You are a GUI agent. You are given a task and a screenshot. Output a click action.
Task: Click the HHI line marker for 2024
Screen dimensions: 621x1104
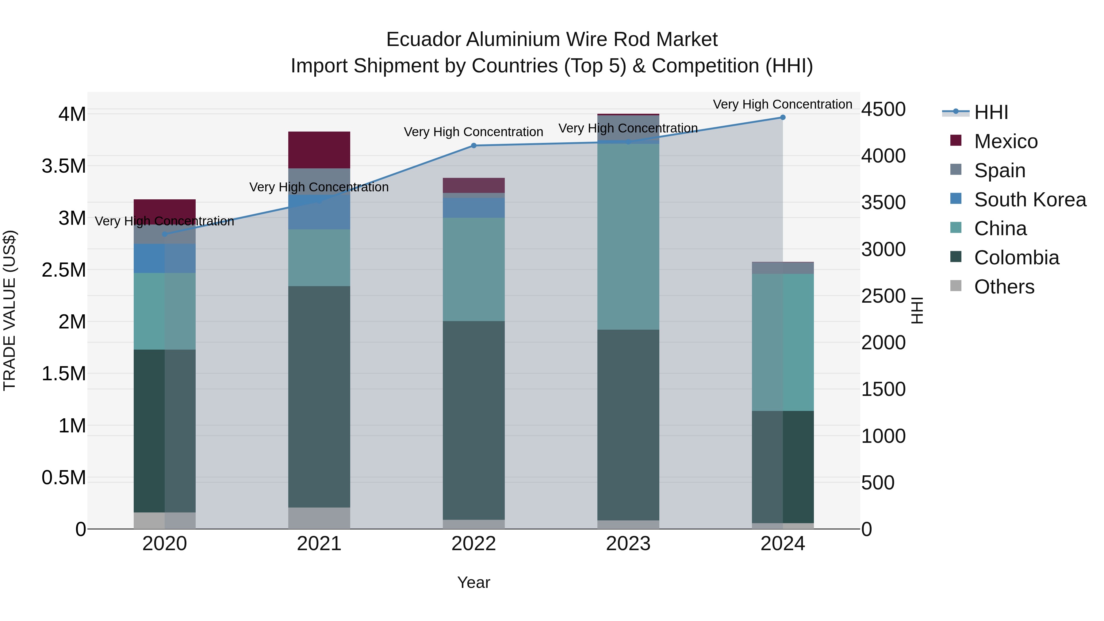tap(783, 117)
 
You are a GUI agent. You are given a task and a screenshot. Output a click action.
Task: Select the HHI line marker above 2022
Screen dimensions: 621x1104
tap(473, 146)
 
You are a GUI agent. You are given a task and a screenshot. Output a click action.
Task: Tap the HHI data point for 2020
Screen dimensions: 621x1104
tap(165, 234)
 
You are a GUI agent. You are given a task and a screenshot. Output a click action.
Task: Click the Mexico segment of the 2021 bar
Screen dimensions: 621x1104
tap(319, 150)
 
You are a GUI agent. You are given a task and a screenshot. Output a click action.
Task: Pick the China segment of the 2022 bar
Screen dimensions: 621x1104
tap(473, 269)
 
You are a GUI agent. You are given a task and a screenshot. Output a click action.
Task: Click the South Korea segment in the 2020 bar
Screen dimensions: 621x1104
tap(165, 259)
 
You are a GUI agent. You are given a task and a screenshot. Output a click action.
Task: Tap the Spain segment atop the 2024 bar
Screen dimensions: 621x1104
tap(783, 268)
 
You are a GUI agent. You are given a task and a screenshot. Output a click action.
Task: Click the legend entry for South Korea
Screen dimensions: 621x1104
tap(1030, 200)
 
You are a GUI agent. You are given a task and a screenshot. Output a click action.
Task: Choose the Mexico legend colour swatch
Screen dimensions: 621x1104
tap(956, 140)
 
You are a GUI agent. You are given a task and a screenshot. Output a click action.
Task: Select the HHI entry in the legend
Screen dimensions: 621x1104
tap(991, 112)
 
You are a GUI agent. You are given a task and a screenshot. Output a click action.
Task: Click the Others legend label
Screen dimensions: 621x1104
tap(1004, 287)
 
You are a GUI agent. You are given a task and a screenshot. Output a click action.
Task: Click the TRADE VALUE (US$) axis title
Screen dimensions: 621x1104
tap(10, 310)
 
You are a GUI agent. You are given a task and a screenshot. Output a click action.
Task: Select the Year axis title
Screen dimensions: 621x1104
tap(473, 582)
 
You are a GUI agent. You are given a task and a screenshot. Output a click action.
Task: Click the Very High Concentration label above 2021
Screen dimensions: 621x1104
tap(319, 187)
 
